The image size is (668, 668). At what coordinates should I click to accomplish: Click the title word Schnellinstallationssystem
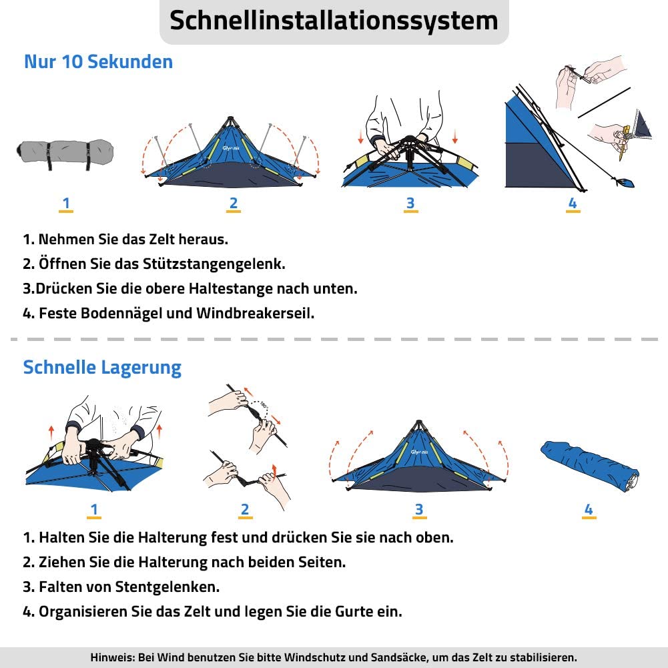click(334, 21)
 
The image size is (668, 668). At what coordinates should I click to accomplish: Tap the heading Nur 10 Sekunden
click(98, 62)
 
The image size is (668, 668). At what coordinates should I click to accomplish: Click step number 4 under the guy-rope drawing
click(573, 204)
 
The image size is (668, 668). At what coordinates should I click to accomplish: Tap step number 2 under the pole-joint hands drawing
click(245, 509)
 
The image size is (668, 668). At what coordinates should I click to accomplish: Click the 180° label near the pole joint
click(264, 404)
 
